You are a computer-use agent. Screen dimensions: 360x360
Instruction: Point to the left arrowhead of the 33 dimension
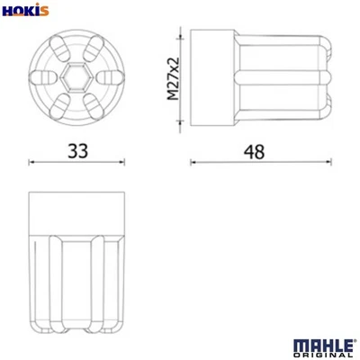[x=32, y=163]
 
